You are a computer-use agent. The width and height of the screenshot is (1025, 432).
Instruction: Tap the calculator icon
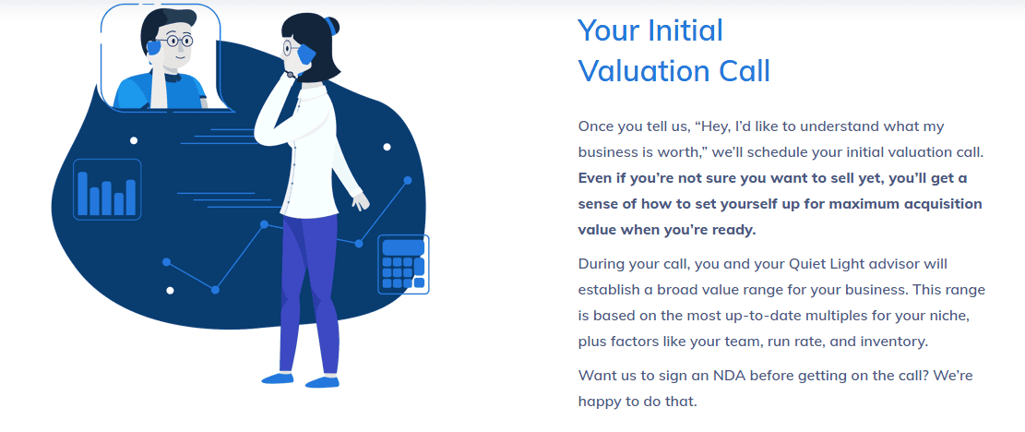coord(403,264)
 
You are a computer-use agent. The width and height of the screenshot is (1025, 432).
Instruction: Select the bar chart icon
coord(107,189)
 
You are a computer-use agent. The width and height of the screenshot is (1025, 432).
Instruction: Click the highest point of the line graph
coord(407,180)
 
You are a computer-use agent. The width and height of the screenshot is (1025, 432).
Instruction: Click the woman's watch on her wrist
coord(291,75)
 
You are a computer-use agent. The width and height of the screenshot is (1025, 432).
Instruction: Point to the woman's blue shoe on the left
coord(278,378)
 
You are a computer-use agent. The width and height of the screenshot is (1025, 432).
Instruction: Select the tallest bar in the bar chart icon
coord(83,194)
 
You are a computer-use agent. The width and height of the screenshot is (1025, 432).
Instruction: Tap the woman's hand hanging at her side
coord(359,200)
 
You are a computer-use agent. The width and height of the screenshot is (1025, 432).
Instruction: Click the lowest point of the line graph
coord(215,290)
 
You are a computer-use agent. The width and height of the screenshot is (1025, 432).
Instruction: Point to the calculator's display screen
coord(403,247)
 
